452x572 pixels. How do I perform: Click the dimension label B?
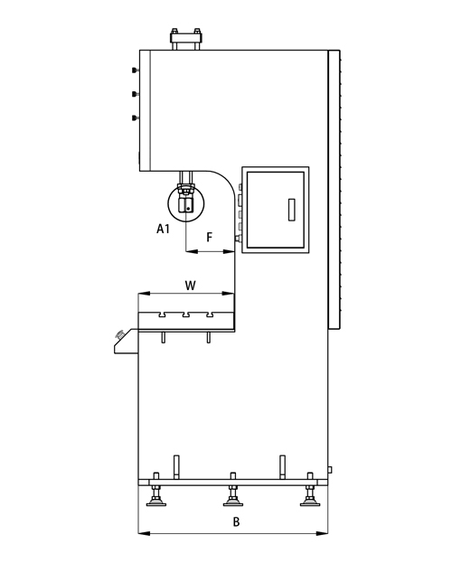pyautogui.click(x=237, y=521)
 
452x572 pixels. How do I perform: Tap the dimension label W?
pyautogui.click(x=191, y=286)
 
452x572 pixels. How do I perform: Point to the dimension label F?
pyautogui.click(x=210, y=238)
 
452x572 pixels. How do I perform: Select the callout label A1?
pyautogui.click(x=163, y=230)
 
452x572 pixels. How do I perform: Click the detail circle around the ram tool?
pyautogui.click(x=168, y=203)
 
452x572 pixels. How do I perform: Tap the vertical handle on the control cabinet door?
pyautogui.click(x=291, y=210)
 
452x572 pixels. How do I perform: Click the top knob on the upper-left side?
pyautogui.click(x=135, y=70)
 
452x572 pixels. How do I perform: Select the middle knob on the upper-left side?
pyautogui.click(x=135, y=94)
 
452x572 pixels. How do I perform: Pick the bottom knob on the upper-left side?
pyautogui.click(x=135, y=118)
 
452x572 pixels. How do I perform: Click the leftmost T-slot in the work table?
pyautogui.click(x=163, y=314)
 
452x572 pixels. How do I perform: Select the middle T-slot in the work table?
pyautogui.click(x=186, y=314)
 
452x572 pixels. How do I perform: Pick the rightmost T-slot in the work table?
pyautogui.click(x=210, y=314)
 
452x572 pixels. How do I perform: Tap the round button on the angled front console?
pyautogui.click(x=119, y=333)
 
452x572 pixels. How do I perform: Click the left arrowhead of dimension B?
pyautogui.click(x=144, y=533)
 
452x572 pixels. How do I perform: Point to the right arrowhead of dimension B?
pyautogui.click(x=322, y=533)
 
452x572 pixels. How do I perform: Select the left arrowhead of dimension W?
pyautogui.click(x=144, y=294)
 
